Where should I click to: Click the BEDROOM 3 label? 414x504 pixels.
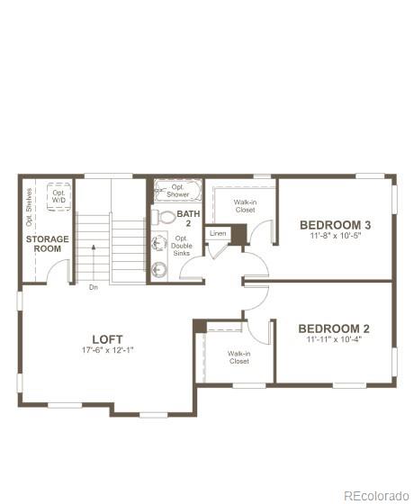coord(335,224)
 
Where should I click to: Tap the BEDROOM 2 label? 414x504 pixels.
coord(334,328)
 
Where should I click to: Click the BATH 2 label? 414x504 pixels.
coord(188,219)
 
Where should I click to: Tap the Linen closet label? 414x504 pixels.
coord(218,233)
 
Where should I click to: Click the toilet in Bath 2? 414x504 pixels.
coord(164,217)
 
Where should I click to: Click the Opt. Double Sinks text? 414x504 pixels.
coord(182,246)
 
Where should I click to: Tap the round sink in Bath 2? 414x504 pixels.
coord(159,267)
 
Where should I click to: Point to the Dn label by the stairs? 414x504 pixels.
coord(93,288)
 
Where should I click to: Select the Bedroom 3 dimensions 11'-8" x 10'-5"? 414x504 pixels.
coord(335,236)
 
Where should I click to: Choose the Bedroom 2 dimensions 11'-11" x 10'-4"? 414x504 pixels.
coord(334,340)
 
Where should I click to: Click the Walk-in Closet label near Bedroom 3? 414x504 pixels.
coord(245,206)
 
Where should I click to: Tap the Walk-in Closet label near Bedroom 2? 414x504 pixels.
coord(238,356)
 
